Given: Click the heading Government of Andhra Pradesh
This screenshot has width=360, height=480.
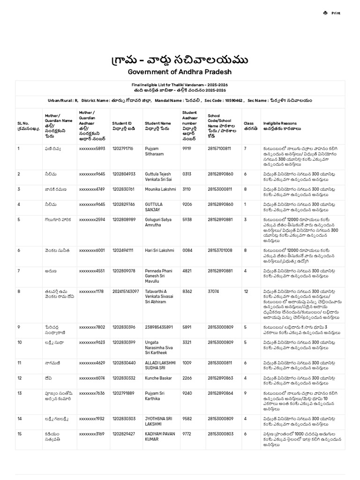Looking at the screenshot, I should (x=180, y=72).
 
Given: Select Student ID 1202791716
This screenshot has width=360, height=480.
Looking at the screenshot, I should (x=123, y=149).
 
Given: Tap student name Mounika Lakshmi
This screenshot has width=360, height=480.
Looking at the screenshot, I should (x=160, y=189).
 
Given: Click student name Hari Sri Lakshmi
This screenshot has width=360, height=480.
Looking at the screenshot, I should (x=159, y=250).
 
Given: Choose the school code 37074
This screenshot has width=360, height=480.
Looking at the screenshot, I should (x=213, y=291).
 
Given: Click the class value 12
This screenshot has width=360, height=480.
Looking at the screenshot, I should (x=246, y=291).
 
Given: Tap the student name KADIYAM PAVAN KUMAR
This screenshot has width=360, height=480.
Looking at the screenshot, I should (x=159, y=437).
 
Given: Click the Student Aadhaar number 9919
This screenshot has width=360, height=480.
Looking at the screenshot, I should (x=187, y=149).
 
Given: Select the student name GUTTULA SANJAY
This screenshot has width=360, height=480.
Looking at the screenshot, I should (x=154, y=207).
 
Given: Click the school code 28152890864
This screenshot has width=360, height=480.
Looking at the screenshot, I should (x=220, y=393).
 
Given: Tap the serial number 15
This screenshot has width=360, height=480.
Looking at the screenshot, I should (x=20, y=434).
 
